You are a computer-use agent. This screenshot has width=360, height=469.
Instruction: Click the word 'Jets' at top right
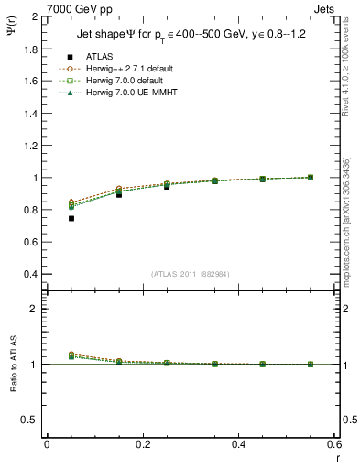coord(325,9)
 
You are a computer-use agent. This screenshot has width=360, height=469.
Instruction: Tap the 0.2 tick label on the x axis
coord(143,443)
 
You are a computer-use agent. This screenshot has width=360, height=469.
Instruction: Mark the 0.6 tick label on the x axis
coord(335,443)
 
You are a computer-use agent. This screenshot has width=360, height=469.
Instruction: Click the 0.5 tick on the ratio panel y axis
coord(31,420)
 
